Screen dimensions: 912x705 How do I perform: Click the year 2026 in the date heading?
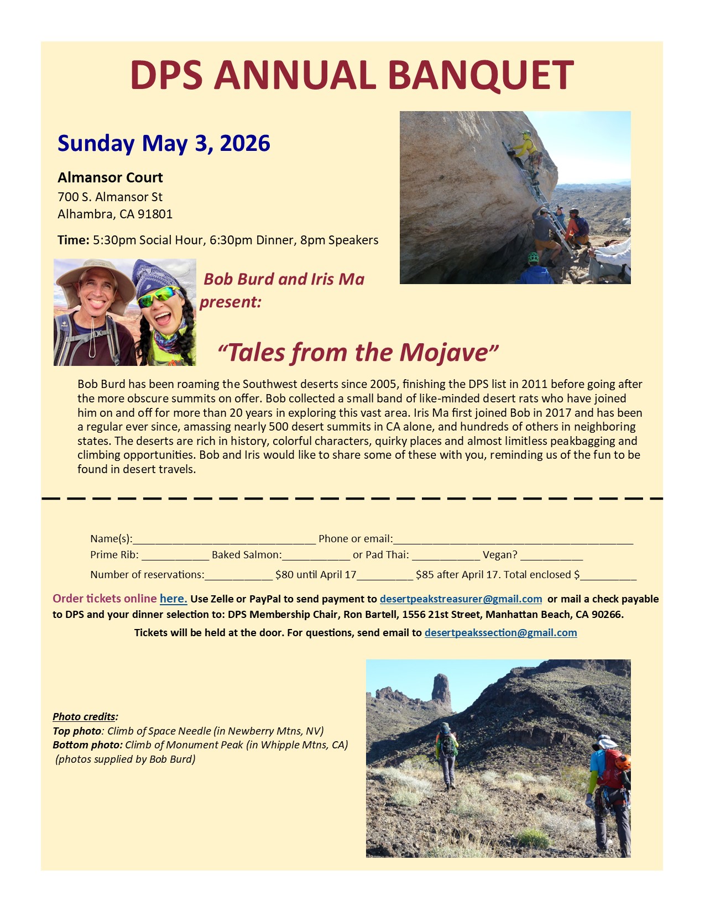[x=244, y=144]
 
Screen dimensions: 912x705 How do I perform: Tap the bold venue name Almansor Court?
[x=110, y=177]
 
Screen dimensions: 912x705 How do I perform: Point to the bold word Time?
[x=73, y=240]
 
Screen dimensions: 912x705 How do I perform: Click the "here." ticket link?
[x=173, y=599]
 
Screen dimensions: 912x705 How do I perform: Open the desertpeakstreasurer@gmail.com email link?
[x=461, y=599]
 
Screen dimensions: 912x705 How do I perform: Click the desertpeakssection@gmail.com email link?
[x=500, y=633]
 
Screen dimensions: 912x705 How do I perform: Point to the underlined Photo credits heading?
[x=85, y=717]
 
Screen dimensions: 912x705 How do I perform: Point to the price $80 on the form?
[x=284, y=575]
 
